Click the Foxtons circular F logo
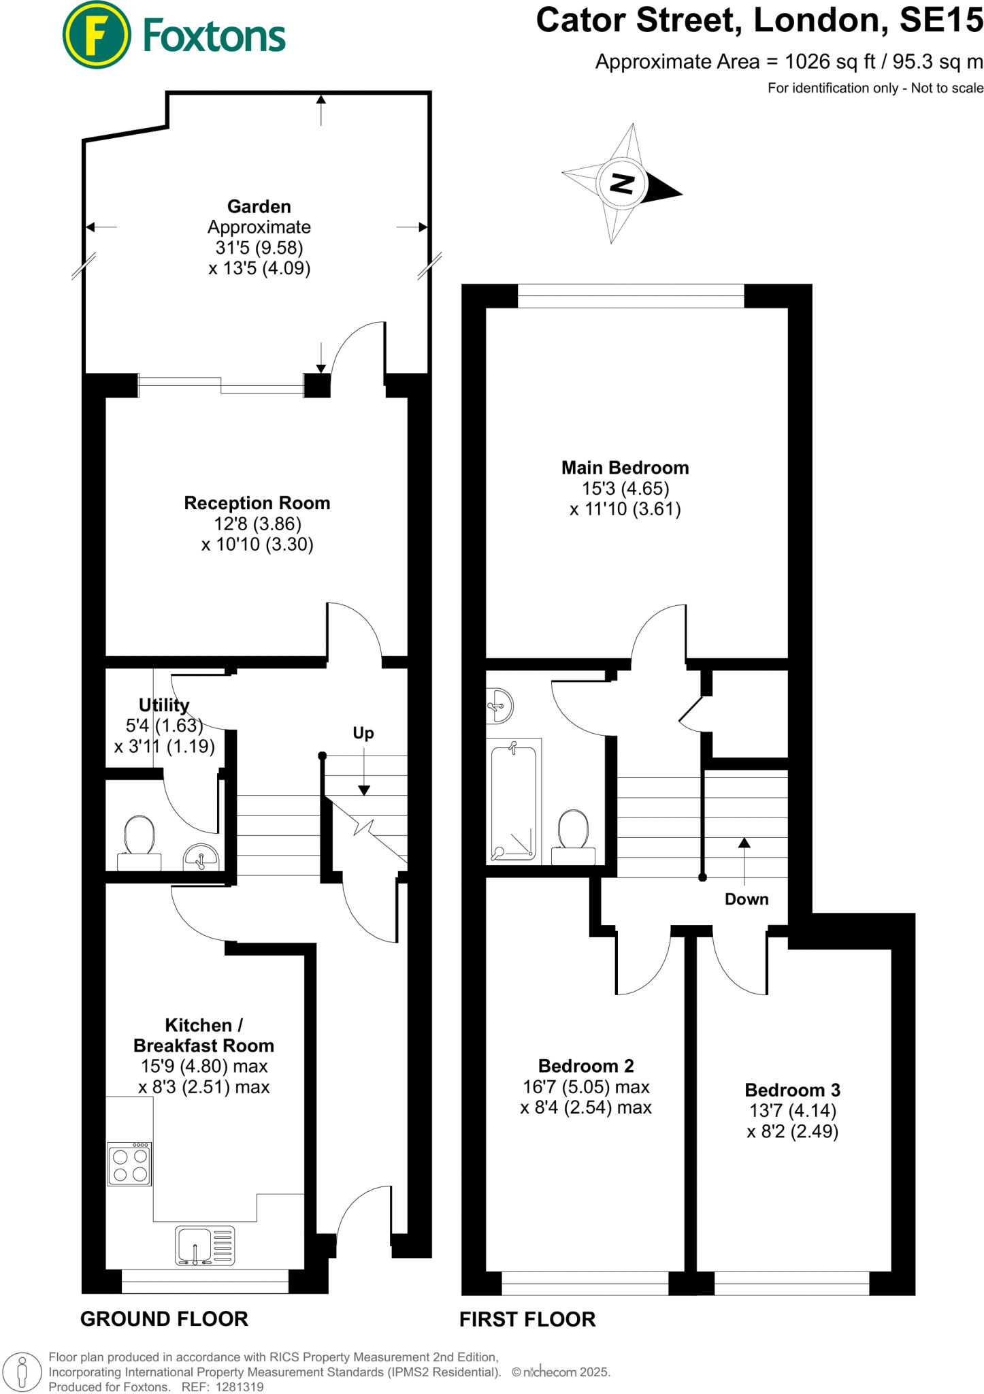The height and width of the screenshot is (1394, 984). click(96, 35)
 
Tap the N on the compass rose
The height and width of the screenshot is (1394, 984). click(621, 183)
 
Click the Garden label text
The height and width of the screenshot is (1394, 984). click(259, 206)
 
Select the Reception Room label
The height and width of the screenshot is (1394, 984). click(257, 503)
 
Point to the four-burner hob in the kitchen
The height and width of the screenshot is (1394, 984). click(129, 1165)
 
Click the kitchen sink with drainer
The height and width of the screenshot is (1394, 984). click(205, 1246)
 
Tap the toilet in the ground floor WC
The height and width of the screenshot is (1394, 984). click(140, 841)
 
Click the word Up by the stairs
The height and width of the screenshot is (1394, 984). click(363, 733)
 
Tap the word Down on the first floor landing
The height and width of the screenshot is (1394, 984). click(747, 899)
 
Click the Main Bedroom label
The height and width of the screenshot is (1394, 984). click(625, 468)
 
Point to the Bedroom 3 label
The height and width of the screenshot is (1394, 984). click(792, 1090)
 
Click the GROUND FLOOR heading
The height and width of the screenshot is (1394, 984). click(164, 1318)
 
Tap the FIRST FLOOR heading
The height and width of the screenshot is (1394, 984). click(527, 1319)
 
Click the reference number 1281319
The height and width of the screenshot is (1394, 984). click(239, 1387)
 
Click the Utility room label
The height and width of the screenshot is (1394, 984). click(164, 704)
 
